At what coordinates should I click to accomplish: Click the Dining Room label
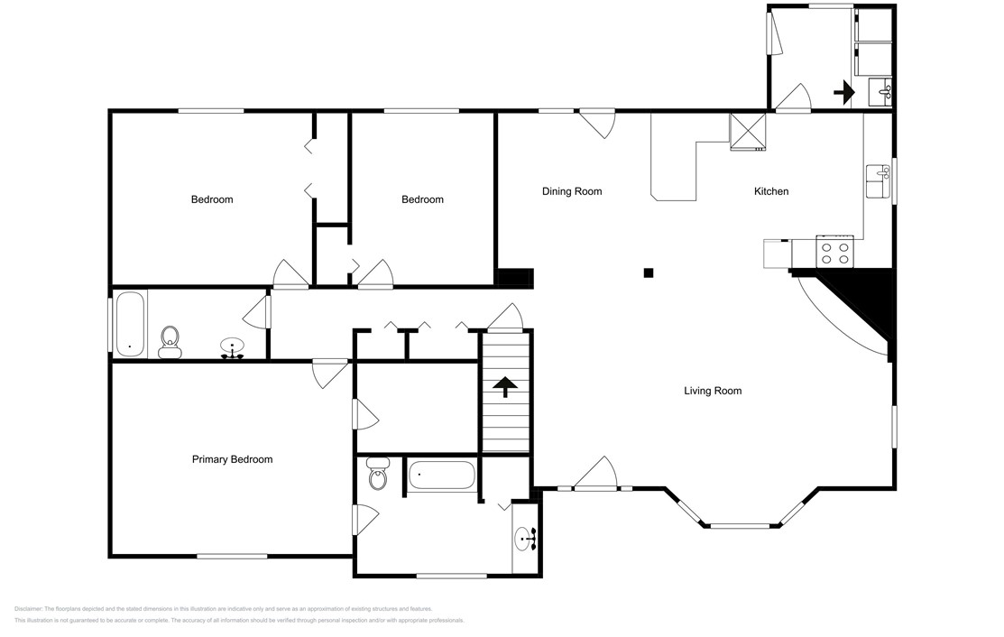click(x=571, y=191)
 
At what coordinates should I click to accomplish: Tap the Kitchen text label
click(x=771, y=191)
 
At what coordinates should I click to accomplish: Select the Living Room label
click(x=713, y=391)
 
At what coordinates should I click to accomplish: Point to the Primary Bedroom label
click(x=232, y=459)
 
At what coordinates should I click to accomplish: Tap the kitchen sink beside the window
click(x=877, y=181)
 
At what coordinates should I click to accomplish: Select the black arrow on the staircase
click(x=504, y=387)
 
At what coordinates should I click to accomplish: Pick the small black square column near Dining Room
click(x=648, y=272)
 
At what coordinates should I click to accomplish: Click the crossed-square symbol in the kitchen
click(x=747, y=131)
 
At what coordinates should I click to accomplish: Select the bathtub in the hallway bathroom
click(x=130, y=322)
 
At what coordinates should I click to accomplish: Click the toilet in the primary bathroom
click(x=377, y=475)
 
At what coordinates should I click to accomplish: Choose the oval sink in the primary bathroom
click(x=525, y=540)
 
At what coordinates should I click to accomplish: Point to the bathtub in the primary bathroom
click(x=441, y=475)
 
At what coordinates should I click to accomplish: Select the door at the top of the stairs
click(x=505, y=318)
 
